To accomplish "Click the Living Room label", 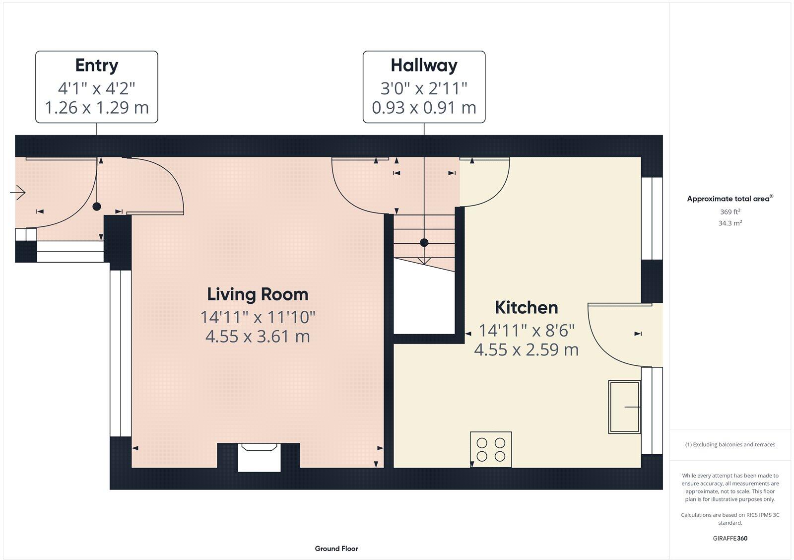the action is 258,295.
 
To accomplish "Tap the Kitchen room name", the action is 527,307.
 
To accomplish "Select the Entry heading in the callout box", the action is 97,66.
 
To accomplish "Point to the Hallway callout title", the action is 424,66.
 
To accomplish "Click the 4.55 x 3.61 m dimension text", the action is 258,336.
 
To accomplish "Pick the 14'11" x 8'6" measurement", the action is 527,331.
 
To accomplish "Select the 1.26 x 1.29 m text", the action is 97,107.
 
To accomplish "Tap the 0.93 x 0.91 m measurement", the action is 424,107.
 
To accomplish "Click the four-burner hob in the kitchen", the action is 491,449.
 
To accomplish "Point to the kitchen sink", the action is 625,407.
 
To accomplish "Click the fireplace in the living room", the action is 259,457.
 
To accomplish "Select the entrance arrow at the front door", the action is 18,193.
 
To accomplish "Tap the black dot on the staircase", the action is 424,243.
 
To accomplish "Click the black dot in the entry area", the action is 97,207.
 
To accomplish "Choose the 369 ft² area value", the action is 730,211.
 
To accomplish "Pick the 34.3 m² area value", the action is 730,223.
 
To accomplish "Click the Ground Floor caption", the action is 336,549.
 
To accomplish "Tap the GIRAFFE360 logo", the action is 730,538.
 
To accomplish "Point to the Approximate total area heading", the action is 730,199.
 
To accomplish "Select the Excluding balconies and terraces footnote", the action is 730,444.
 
